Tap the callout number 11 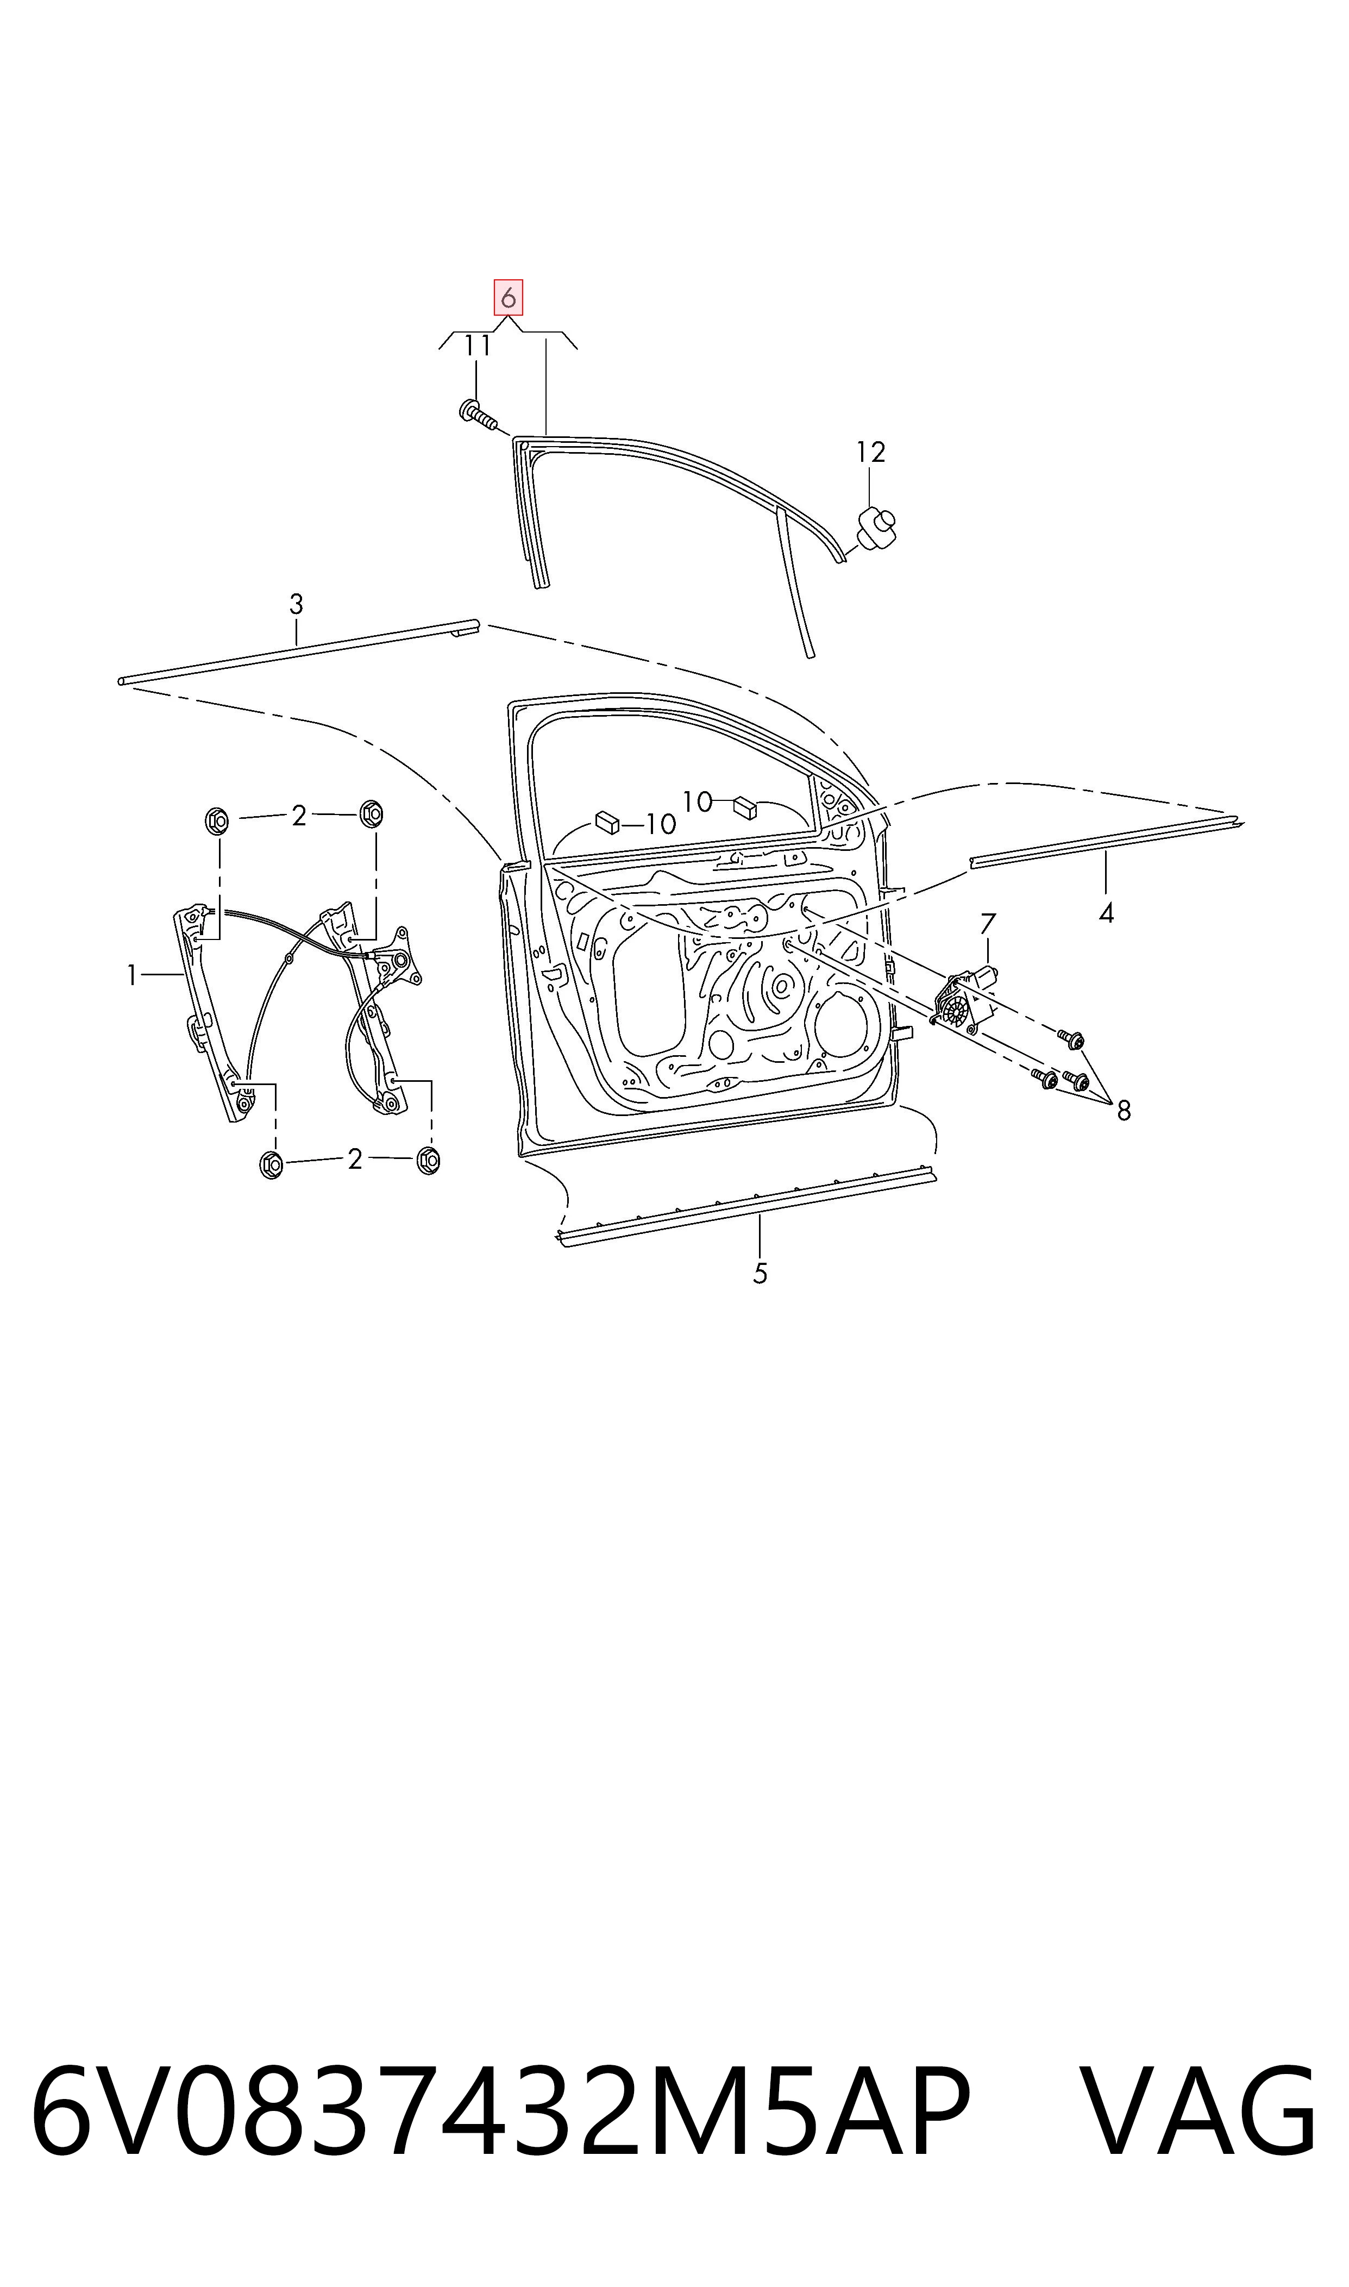pyautogui.click(x=478, y=346)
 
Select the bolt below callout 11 pyautogui.click(x=479, y=416)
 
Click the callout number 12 pyautogui.click(x=871, y=451)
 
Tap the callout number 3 pyautogui.click(x=296, y=604)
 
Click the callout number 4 pyautogui.click(x=1106, y=913)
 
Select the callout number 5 pyautogui.click(x=760, y=1274)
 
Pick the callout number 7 pyautogui.click(x=988, y=924)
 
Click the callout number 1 pyautogui.click(x=132, y=976)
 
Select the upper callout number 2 pyautogui.click(x=299, y=816)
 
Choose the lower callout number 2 pyautogui.click(x=355, y=1159)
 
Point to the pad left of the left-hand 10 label pyautogui.click(x=606, y=822)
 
